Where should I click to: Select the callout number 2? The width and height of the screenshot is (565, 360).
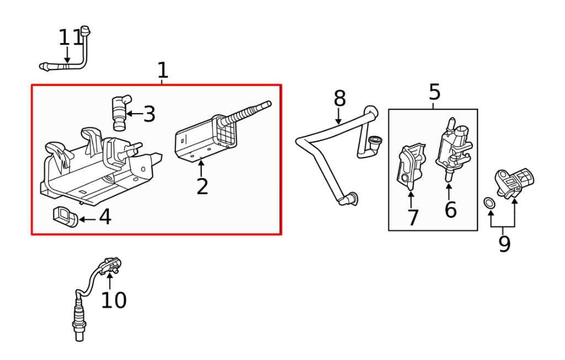pyautogui.click(x=202, y=186)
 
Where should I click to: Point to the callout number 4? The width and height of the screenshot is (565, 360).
pyautogui.click(x=105, y=217)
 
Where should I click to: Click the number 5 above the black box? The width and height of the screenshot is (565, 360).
pyautogui.click(x=435, y=92)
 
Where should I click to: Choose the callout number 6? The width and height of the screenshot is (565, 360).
pyautogui.click(x=450, y=209)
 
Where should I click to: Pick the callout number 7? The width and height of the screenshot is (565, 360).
pyautogui.click(x=413, y=217)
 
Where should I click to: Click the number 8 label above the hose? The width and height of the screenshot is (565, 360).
pyautogui.click(x=339, y=98)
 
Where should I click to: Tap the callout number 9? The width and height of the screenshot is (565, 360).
pyautogui.click(x=504, y=244)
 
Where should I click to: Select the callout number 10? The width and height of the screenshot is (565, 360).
pyautogui.click(x=114, y=300)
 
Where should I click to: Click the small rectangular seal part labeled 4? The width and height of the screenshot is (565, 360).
pyautogui.click(x=66, y=217)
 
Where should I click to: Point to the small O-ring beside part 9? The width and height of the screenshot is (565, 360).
pyautogui.click(x=489, y=202)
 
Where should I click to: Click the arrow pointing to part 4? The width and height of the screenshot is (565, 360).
pyautogui.click(x=88, y=219)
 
